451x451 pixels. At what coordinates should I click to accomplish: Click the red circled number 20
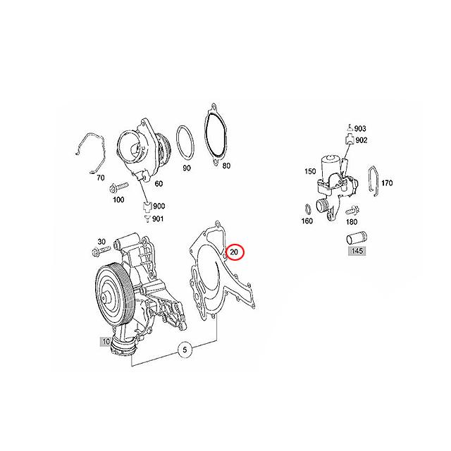pyautogui.click(x=235, y=252)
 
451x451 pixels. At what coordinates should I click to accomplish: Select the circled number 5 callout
pyautogui.click(x=185, y=350)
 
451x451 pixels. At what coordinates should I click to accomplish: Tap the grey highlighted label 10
pyautogui.click(x=106, y=342)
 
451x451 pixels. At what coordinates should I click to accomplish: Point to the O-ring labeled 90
pyautogui.click(x=186, y=144)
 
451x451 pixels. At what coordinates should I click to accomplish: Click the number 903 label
pyautogui.click(x=361, y=129)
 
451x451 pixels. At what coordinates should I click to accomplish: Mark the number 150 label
pyautogui.click(x=309, y=171)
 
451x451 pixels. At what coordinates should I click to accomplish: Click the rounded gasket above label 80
pyautogui.click(x=214, y=134)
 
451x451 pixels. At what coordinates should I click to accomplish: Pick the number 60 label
pyautogui.click(x=159, y=183)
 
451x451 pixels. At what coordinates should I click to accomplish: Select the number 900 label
pyautogui.click(x=159, y=206)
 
